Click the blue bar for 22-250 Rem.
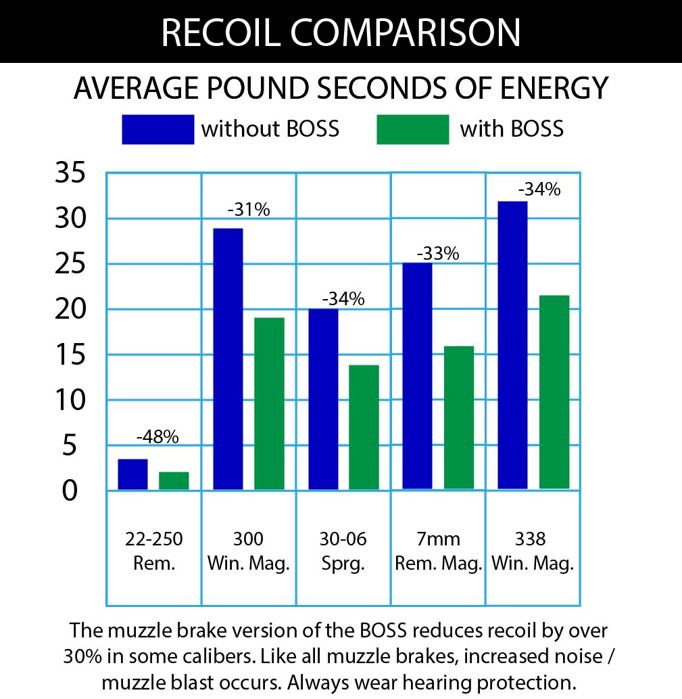coord(132,474)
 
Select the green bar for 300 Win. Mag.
coord(269,403)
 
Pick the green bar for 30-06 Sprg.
coord(364,427)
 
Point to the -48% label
coord(157,437)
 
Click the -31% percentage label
coord(249,210)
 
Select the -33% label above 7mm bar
coord(437,254)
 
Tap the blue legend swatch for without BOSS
coord(157,129)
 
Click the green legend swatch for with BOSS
coord(412,129)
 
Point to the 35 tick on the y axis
coord(70,174)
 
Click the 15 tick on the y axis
coord(70,355)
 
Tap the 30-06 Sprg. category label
coord(343,551)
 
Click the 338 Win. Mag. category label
coord(533,551)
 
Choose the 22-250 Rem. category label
coord(154,551)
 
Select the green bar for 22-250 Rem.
coord(174,480)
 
